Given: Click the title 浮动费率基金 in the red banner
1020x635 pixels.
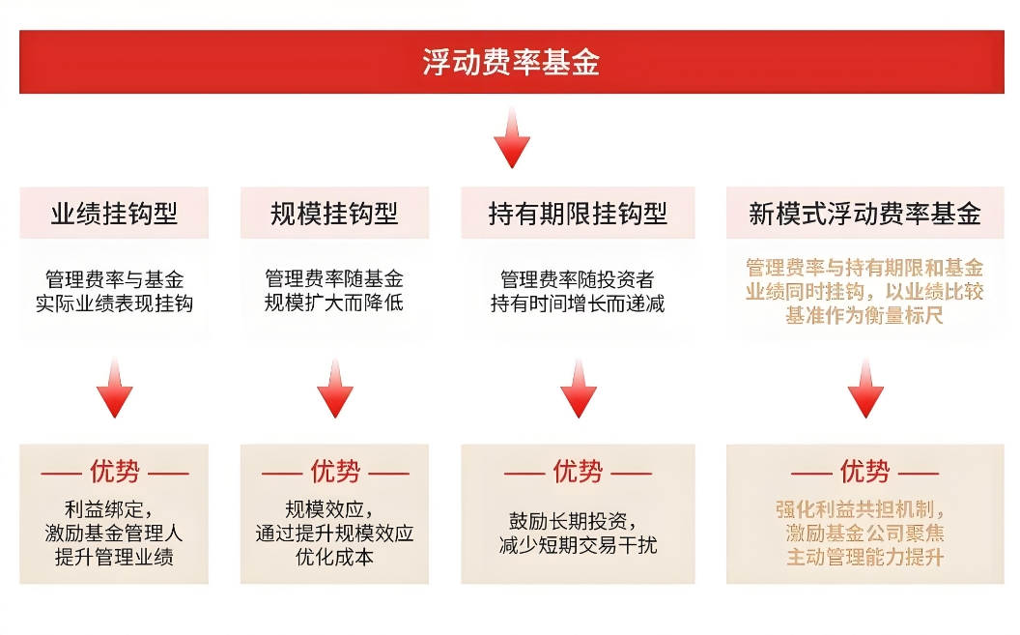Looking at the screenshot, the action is (511, 63).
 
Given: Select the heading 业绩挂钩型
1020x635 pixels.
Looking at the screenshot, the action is (114, 214).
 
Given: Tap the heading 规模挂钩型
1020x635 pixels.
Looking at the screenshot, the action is (334, 214).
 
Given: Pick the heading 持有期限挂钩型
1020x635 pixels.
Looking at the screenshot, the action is (578, 214).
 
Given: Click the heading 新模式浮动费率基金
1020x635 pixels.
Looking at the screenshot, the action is (864, 214).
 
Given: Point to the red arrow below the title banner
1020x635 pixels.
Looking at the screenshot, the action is (512, 137).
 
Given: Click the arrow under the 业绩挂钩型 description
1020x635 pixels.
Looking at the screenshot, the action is (115, 388).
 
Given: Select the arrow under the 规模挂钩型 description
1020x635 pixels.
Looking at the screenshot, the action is (335, 388).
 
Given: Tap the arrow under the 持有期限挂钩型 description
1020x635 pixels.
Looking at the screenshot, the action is (579, 388).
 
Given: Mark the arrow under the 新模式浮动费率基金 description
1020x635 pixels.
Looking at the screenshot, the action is (865, 388).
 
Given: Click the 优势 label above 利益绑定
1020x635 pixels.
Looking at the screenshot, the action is (115, 472).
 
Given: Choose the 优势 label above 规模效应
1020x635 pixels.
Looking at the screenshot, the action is (335, 472).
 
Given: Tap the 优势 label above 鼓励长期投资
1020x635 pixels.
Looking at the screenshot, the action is (578, 472).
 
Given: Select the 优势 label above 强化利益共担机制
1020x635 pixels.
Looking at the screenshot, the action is (864, 472).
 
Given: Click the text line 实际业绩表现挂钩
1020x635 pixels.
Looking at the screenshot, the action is (115, 303).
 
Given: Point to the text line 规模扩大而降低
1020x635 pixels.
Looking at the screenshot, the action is (334, 303).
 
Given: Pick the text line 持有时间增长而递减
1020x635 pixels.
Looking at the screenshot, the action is (578, 303).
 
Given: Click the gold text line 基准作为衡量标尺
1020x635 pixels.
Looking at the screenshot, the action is (864, 315).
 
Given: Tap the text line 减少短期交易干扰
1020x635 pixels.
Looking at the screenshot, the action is (578, 545).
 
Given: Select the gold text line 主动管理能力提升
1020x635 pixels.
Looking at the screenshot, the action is (864, 558).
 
